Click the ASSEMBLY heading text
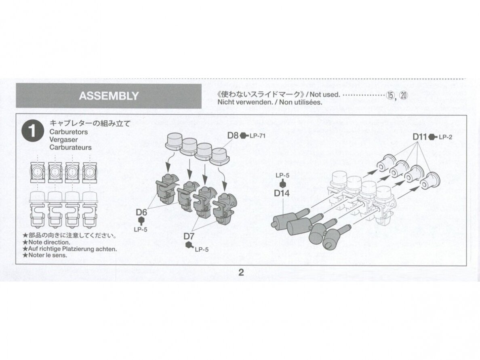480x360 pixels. [x=109, y=96]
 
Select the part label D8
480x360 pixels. [x=233, y=135]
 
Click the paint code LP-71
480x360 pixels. [x=257, y=136]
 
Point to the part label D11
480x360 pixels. [x=420, y=137]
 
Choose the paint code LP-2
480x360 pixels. [x=445, y=137]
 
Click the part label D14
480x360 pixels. [x=282, y=193]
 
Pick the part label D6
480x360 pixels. [x=141, y=212]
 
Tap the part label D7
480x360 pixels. [x=189, y=236]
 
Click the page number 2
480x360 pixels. [x=241, y=272]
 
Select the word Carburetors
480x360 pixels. [x=69, y=132]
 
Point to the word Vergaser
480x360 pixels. [x=64, y=139]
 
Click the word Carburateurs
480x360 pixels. [x=70, y=147]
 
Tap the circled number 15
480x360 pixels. [x=390, y=95]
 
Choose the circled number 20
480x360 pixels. [x=404, y=95]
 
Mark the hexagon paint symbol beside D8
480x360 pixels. [x=244, y=136]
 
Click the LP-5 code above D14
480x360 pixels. [x=282, y=176]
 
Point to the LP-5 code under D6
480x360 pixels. [x=141, y=229]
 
